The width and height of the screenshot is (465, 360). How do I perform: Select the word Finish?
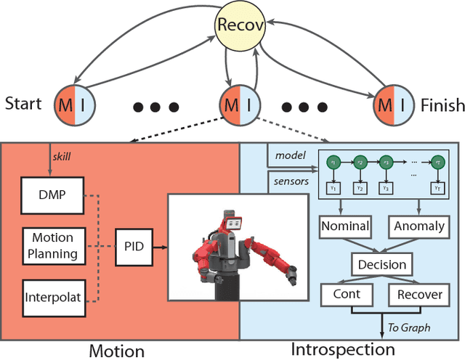(x=442, y=106)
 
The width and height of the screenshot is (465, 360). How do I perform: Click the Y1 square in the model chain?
(x=333, y=188)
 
